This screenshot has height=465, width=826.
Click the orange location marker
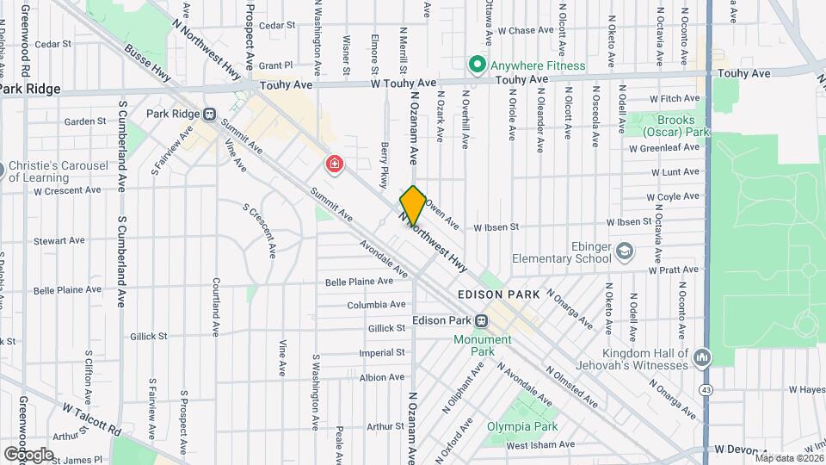pos(413,206)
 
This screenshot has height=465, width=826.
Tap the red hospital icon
pos(334,164)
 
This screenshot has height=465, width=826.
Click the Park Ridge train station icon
pos(209,114)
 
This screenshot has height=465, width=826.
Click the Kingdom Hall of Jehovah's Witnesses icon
pos(702,356)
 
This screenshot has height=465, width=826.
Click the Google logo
pos(28,454)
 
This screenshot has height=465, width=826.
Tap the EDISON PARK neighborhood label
pos(499,294)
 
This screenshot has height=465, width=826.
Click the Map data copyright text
pos(788,457)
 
